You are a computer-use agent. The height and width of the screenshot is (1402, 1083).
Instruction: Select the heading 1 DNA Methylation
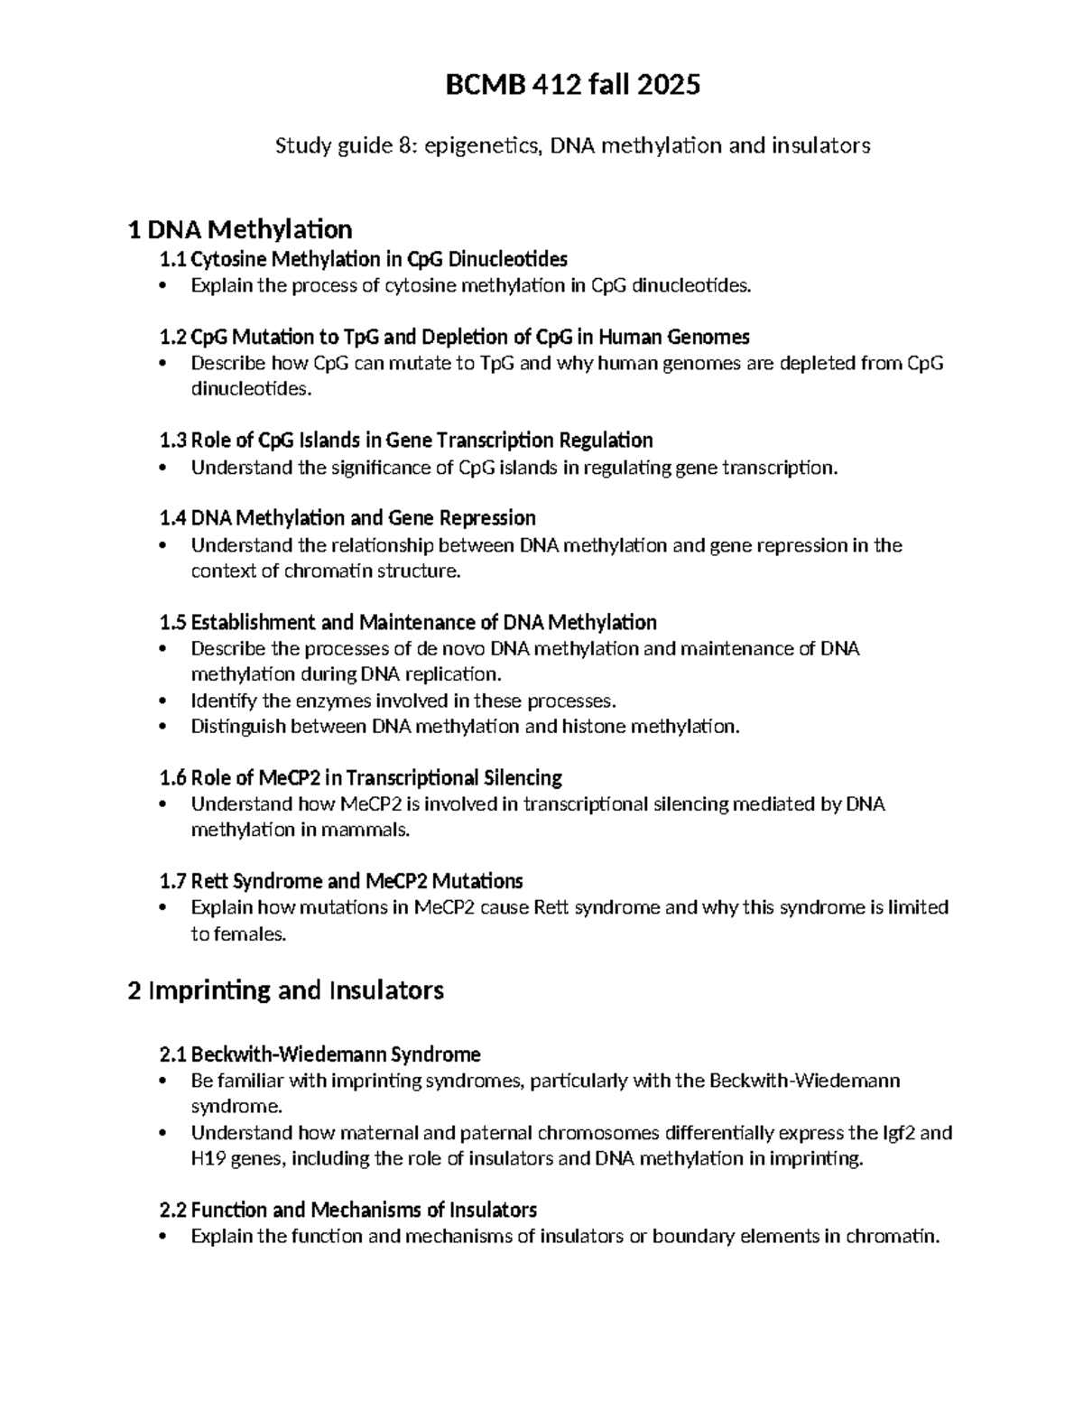[x=240, y=229]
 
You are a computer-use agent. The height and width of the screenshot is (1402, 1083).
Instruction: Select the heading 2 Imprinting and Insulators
[x=286, y=991]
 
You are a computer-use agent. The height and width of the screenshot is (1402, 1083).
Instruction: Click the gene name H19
[x=208, y=1159]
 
